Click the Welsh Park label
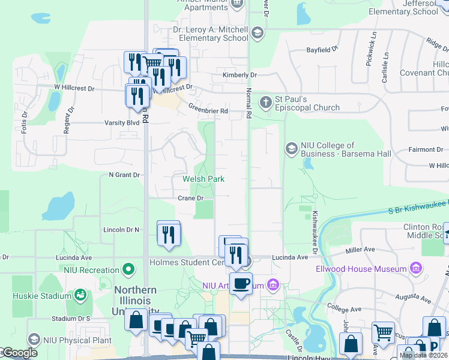point(203,179)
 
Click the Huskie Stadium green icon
point(80,295)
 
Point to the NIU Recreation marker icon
point(127,270)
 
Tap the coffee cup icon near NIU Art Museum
point(241,284)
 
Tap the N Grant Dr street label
point(124,175)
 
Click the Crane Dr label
point(191,198)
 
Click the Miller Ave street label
point(361,248)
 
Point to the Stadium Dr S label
point(71,318)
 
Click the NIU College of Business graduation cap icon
point(292,148)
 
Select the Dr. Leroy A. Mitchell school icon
point(258,32)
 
